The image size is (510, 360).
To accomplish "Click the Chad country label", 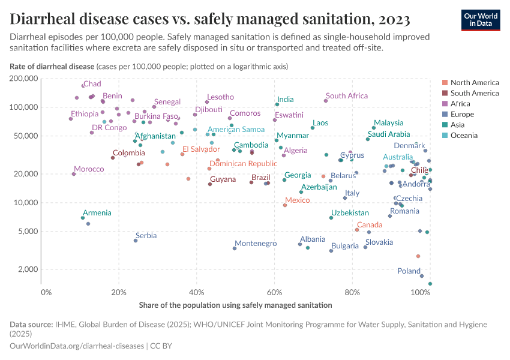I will pyautogui.click(x=92, y=84).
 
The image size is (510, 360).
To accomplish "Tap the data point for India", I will pyautogui.click(x=277, y=104).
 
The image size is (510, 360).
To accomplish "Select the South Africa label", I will pyautogui.click(x=346, y=96).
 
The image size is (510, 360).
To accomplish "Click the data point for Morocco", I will pyautogui.click(x=74, y=174).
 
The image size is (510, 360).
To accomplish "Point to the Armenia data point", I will pyautogui.click(x=83, y=218).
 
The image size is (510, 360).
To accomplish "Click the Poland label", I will pyautogui.click(x=409, y=271).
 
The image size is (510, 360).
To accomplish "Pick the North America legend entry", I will pyautogui.click(x=474, y=83).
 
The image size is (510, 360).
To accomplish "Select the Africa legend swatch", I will pyautogui.click(x=445, y=104).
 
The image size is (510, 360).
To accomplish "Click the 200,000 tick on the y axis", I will pyautogui.click(x=24, y=79).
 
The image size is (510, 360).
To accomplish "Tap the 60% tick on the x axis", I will pyautogui.click(x=274, y=292).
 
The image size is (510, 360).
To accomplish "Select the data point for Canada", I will pyautogui.click(x=357, y=230).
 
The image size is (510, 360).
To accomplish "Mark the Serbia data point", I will pyautogui.click(x=136, y=241).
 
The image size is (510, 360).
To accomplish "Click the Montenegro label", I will pyautogui.click(x=255, y=244).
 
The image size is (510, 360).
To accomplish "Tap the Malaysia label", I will pyautogui.click(x=388, y=123).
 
